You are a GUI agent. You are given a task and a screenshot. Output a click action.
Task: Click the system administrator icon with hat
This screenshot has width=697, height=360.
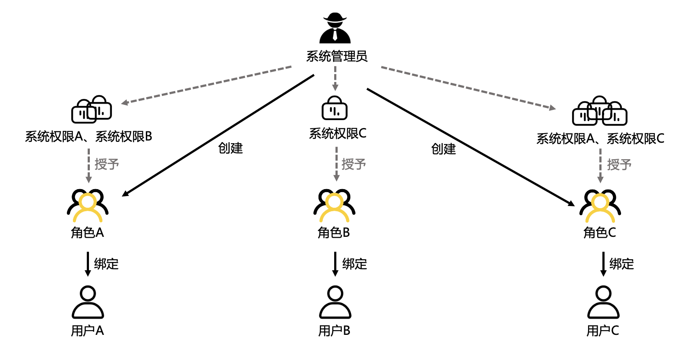(x=335, y=29)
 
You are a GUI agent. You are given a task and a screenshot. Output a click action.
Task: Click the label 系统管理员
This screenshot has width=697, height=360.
(x=337, y=56)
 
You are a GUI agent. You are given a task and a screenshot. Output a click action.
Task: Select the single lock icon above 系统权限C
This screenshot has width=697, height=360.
(x=334, y=108)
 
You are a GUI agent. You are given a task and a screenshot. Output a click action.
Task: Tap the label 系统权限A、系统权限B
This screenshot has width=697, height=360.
(x=89, y=137)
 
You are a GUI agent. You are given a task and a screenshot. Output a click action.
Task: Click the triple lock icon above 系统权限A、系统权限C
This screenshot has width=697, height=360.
(x=599, y=111)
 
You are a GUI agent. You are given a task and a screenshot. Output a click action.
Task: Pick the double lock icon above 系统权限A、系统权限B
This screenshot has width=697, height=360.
(x=92, y=109)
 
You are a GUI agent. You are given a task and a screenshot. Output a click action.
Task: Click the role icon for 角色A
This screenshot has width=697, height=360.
(x=88, y=206)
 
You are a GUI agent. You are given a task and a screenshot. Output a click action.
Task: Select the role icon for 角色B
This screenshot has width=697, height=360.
(x=334, y=206)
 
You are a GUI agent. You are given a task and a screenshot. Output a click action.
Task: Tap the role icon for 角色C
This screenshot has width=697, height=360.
(x=600, y=206)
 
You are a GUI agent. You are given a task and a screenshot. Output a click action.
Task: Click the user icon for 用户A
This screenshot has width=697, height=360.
(x=88, y=302)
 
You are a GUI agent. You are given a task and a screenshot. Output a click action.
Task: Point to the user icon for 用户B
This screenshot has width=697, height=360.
(x=335, y=302)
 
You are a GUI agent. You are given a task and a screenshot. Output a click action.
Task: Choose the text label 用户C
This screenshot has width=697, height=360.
(x=602, y=331)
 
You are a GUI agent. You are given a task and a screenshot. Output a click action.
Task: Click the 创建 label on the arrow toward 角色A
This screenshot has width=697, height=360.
(x=230, y=148)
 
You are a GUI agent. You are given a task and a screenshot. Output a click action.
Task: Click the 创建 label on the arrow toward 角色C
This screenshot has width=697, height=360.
(x=444, y=149)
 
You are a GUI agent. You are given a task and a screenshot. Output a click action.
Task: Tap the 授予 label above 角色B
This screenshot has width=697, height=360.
(x=354, y=164)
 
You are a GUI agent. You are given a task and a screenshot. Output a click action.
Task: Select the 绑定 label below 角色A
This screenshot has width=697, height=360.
(x=106, y=264)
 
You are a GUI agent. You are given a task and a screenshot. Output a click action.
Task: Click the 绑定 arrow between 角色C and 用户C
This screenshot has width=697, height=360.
(x=603, y=264)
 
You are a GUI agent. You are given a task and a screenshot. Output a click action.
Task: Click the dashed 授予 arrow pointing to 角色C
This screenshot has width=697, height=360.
(x=600, y=165)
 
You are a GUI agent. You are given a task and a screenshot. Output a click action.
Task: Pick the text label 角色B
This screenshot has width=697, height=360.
(x=333, y=233)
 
